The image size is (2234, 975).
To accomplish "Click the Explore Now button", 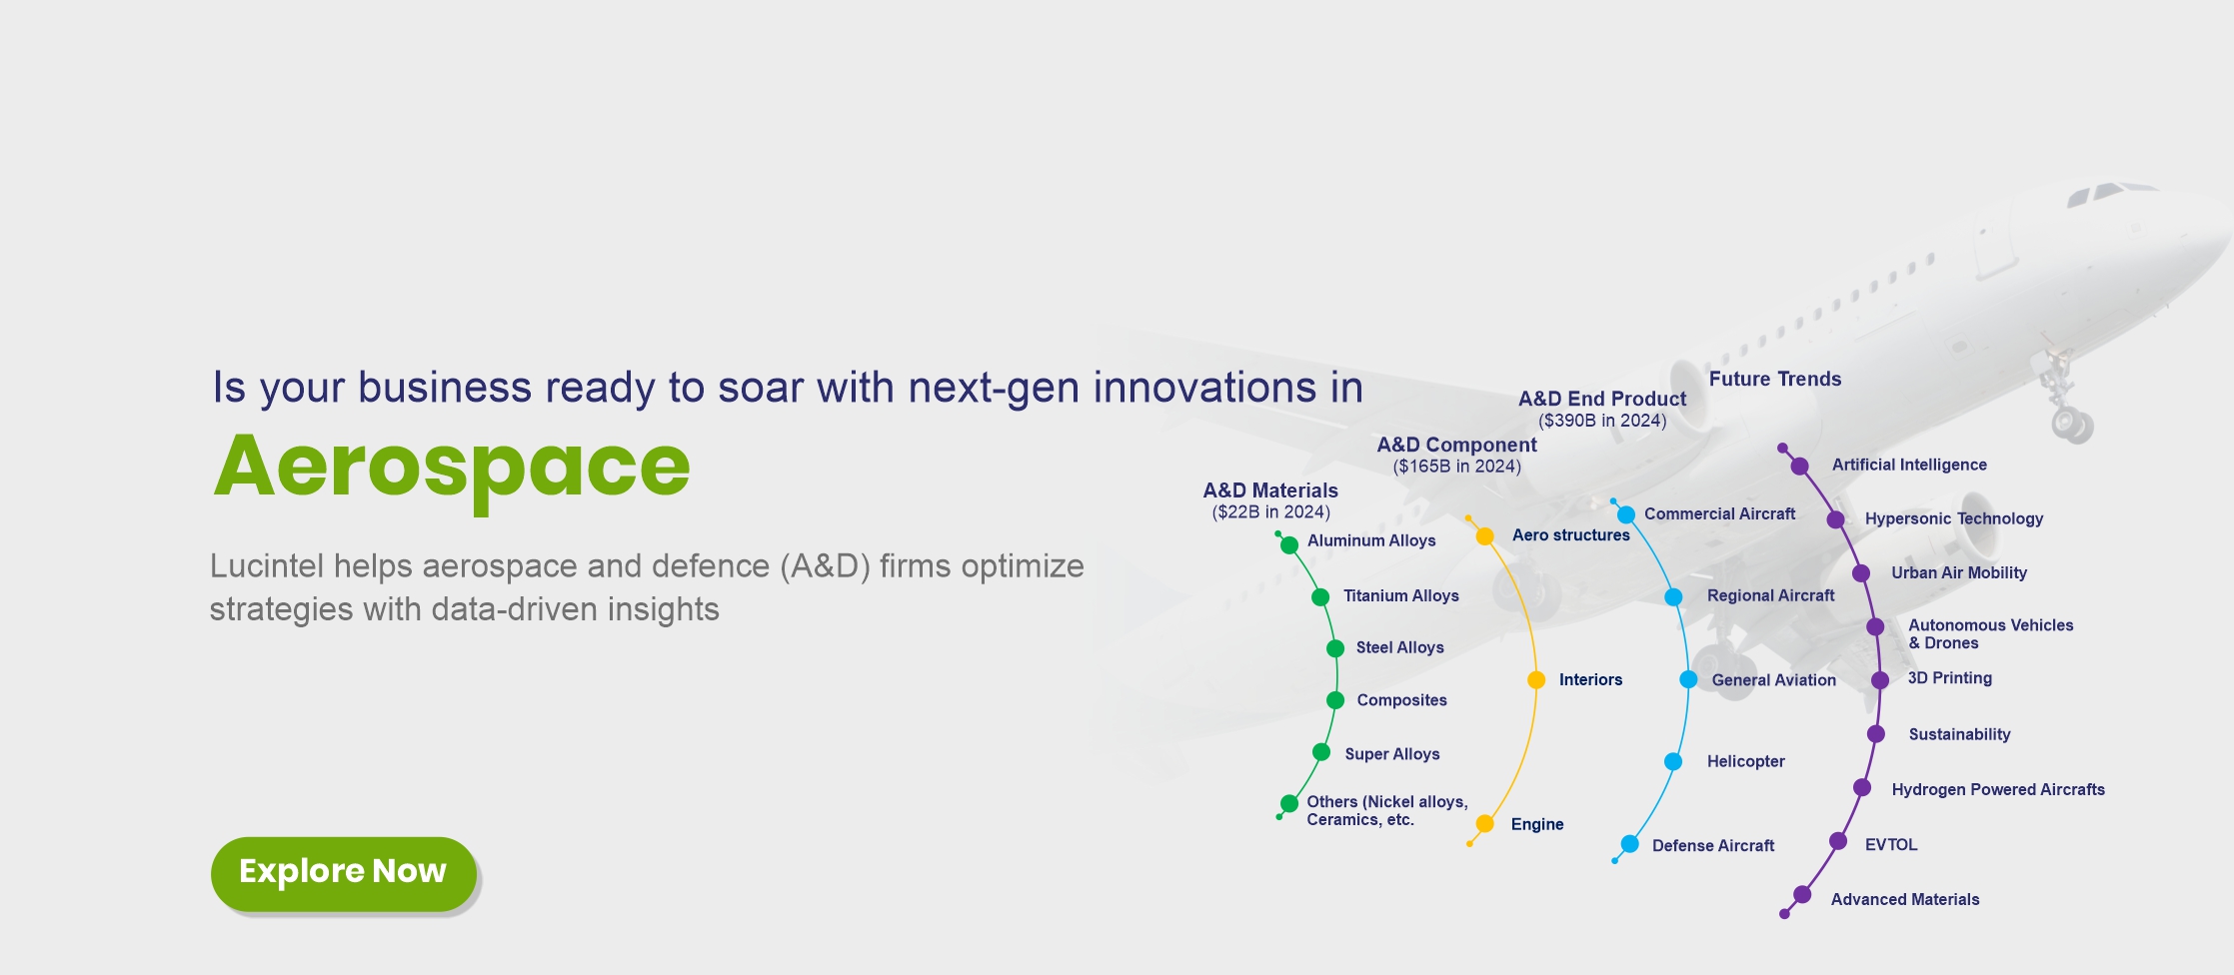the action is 343,873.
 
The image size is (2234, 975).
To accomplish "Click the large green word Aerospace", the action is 452,468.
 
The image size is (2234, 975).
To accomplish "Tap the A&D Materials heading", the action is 1270,490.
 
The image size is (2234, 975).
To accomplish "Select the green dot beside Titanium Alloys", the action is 1320,597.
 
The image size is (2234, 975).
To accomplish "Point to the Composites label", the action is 1401,700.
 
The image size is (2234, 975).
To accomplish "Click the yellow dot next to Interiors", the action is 1536,680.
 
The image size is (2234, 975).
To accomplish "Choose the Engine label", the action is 1537,824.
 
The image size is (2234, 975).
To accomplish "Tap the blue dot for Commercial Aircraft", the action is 1626,515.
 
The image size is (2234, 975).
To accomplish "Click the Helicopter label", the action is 1745,761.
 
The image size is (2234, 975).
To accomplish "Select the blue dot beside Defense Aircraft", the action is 1629,844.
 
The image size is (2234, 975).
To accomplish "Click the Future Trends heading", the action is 1775,379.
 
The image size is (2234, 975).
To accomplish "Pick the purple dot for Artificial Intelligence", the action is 1799,466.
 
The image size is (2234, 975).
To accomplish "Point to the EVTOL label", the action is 1891,845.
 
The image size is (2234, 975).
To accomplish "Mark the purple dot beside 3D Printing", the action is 1880,680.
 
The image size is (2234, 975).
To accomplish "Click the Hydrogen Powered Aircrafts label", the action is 1998,789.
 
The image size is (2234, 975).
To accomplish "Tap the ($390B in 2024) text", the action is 1602,421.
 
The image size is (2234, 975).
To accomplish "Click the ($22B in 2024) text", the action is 1270,512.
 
